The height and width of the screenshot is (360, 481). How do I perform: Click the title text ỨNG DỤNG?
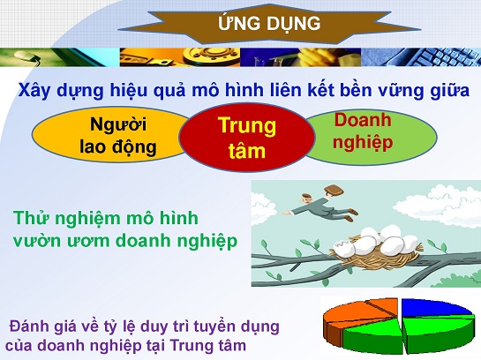tap(269, 24)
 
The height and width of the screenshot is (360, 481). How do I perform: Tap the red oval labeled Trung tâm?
tap(247, 138)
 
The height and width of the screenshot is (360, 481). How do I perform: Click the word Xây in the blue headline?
tap(34, 91)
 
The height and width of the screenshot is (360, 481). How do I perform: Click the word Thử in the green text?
tap(32, 218)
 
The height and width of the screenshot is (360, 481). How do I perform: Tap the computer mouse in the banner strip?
tap(27, 56)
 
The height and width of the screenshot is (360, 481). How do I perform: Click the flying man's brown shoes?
tap(351, 214)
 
